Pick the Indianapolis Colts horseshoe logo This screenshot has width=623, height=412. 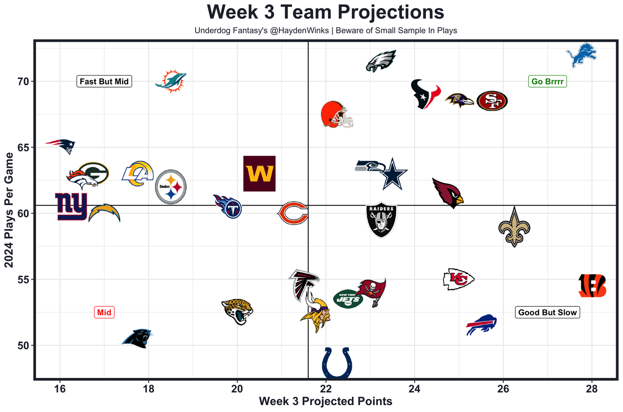[336, 363]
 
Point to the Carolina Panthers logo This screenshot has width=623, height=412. [137, 337]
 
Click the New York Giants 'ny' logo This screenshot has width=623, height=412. [71, 206]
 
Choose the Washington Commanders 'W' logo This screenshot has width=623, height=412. [259, 174]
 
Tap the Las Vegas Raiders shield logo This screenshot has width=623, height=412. [381, 220]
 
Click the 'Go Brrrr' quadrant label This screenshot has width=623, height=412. [548, 81]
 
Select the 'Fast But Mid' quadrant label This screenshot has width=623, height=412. [104, 81]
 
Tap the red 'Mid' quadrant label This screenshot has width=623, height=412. [104, 313]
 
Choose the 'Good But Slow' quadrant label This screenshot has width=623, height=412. [548, 313]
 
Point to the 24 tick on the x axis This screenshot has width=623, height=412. [414, 390]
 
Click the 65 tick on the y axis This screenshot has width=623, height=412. [23, 148]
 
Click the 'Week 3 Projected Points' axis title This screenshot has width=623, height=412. [325, 402]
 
